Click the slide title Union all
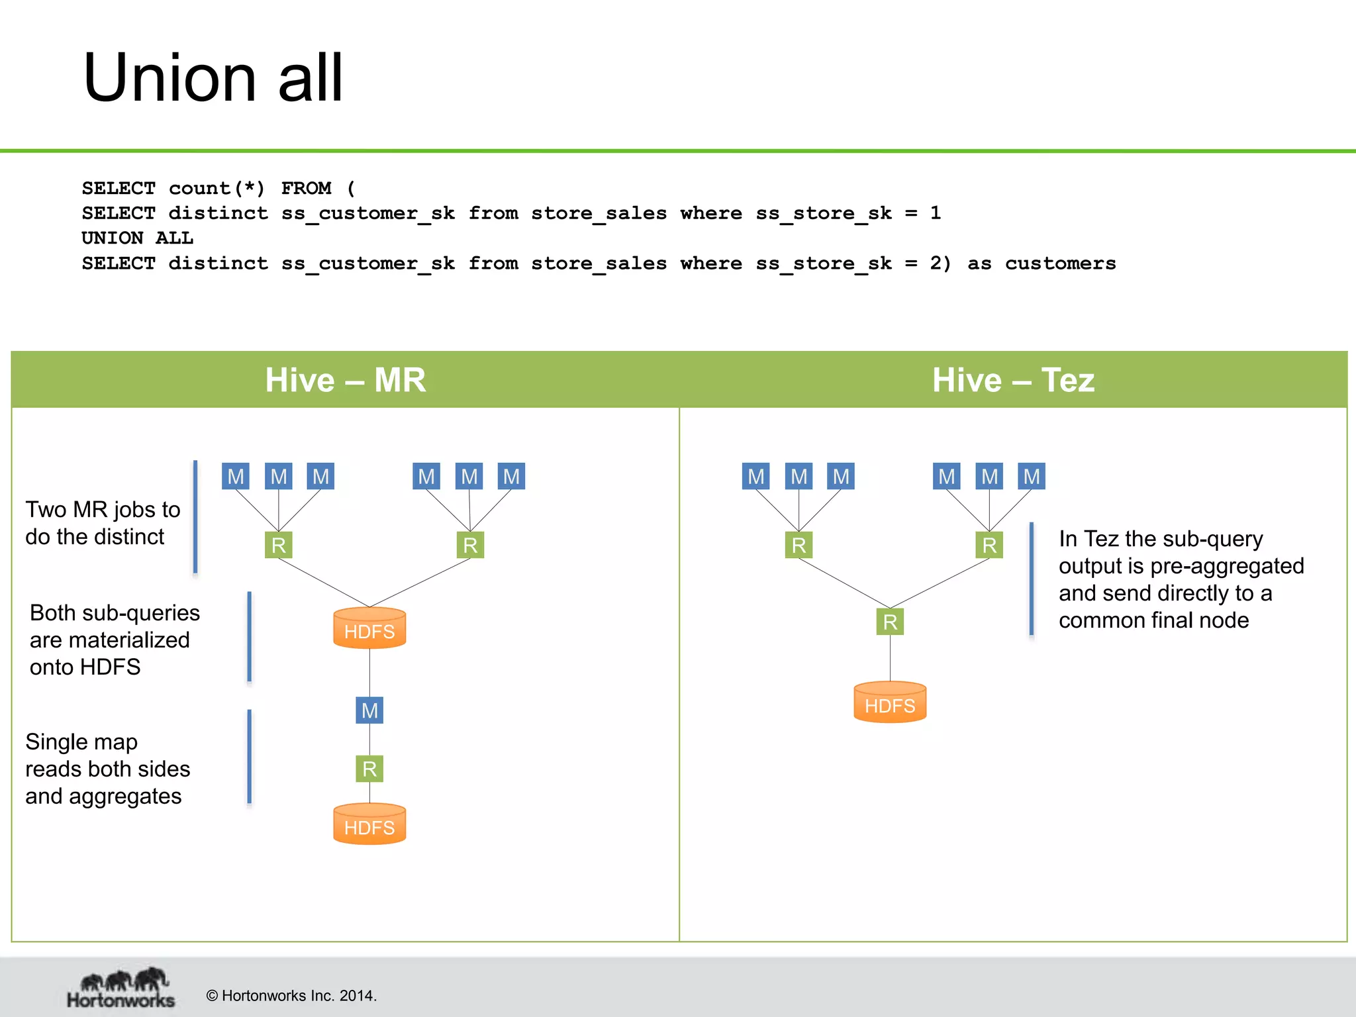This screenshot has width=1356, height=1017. [213, 78]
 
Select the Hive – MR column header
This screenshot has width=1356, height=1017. [345, 380]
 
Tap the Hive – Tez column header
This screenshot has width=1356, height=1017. [1013, 380]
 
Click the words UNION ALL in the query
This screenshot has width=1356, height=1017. [137, 238]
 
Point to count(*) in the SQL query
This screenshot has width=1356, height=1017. [217, 188]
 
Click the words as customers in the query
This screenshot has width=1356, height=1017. [1041, 264]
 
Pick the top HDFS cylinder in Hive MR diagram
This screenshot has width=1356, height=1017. [369, 628]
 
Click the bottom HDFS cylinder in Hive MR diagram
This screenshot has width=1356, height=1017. [369, 824]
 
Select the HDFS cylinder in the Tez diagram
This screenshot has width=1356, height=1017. [890, 702]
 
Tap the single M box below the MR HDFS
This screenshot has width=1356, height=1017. [369, 710]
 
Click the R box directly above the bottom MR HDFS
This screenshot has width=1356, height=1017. [369, 769]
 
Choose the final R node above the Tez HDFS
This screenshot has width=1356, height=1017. [890, 622]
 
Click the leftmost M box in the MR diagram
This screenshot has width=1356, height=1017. [236, 476]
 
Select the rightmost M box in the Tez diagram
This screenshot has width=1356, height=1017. [1032, 476]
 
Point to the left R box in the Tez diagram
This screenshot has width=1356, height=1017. [799, 545]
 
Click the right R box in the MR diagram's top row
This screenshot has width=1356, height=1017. [470, 545]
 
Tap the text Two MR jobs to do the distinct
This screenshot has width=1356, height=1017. [103, 523]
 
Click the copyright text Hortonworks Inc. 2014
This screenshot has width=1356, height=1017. [291, 996]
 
